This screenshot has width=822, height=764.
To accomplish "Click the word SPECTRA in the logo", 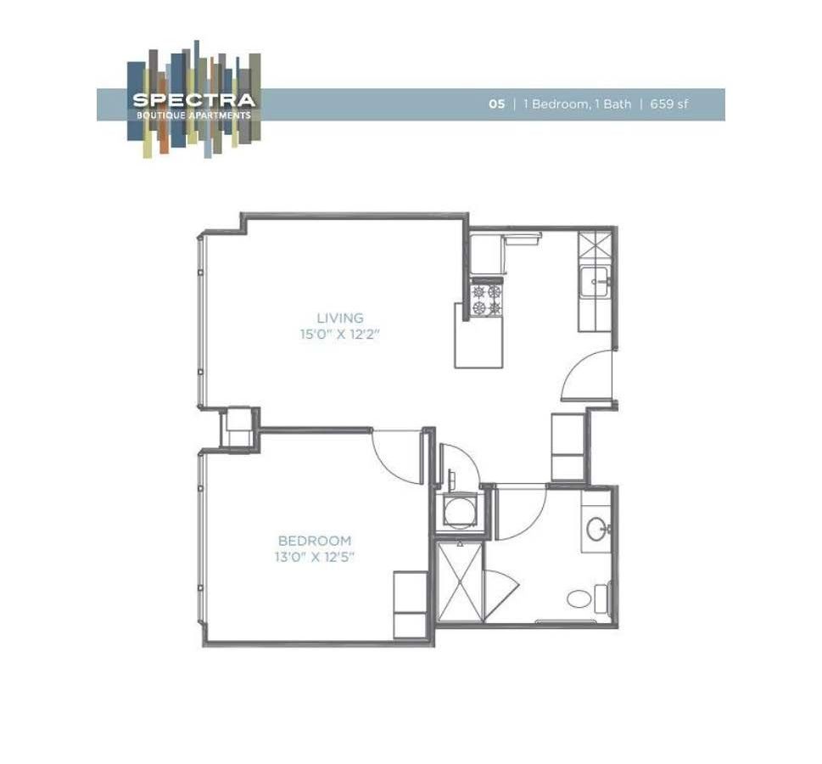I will tap(193, 100).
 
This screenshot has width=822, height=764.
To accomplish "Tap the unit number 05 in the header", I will tap(496, 104).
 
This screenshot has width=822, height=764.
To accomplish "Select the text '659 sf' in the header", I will tap(669, 104).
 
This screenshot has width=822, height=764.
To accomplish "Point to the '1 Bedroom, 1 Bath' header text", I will tap(577, 104).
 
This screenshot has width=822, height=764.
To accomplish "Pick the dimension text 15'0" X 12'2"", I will tap(338, 334).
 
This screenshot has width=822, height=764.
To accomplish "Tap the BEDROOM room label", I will tap(315, 541).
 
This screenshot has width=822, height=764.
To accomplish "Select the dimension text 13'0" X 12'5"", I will tap(315, 557).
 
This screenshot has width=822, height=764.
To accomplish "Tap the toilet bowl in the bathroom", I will tap(582, 597).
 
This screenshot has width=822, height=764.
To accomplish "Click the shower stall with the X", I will tap(458, 583).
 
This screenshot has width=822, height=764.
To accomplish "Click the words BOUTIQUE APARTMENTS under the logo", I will tap(193, 115).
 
